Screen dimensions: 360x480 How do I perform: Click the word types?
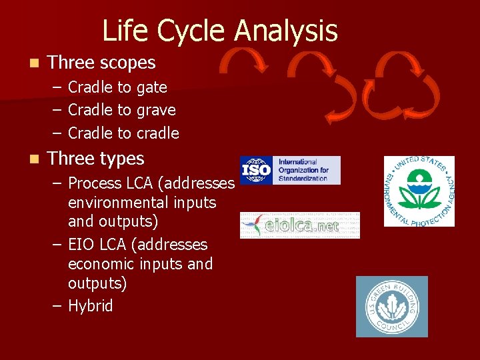tap(119, 159)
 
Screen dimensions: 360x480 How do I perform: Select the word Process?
tap(97, 183)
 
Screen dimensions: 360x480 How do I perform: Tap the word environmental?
tap(142, 202)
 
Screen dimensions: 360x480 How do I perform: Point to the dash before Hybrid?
tap(57, 306)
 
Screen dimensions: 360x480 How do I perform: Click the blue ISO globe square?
tap(256, 170)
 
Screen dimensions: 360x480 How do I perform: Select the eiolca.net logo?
tap(300, 225)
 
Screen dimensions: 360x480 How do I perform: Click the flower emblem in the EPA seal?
tap(419, 190)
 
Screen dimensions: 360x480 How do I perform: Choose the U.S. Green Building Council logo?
tap(391, 306)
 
